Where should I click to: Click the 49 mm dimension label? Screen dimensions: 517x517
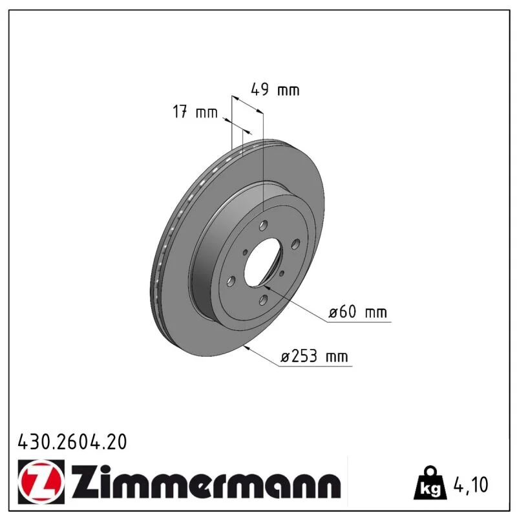275,89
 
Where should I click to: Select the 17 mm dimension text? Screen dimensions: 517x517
195,112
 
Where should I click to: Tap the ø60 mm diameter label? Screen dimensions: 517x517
358,311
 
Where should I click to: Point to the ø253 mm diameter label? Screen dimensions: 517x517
314,356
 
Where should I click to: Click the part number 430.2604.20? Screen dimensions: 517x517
72,442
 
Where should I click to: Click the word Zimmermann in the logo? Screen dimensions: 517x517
206,481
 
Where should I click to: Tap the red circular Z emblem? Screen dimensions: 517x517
41,481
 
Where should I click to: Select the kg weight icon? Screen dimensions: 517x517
430,483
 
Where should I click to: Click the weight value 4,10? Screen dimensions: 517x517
470,485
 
